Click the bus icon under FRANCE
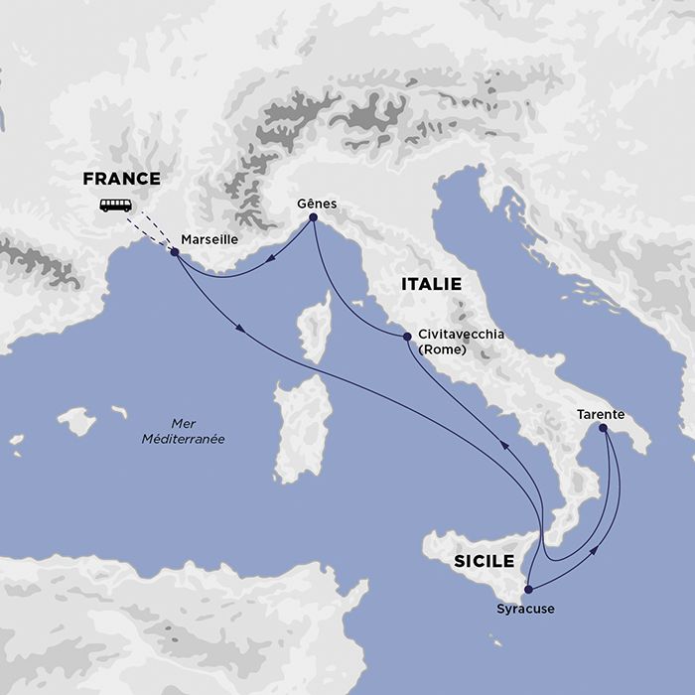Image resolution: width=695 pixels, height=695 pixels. tap(115, 206)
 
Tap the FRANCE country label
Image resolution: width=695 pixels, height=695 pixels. tap(121, 180)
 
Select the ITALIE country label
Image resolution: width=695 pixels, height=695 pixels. tap(432, 284)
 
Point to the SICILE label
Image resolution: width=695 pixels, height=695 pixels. tap(484, 562)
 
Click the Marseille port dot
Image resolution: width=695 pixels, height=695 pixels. tap(175, 252)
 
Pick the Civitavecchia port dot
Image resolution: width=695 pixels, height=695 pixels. tap(407, 338)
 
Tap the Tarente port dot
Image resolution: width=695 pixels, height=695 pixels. tap(602, 428)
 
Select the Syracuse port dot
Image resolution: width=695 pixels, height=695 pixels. tap(528, 589)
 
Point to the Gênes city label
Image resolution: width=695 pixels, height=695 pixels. tap(317, 204)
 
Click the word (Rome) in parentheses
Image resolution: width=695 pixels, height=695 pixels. tap(443, 349)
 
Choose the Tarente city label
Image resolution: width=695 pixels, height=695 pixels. tap(600, 413)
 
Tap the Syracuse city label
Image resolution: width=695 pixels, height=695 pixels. tap(525, 609)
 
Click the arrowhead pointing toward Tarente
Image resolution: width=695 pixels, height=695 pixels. tap(595, 547)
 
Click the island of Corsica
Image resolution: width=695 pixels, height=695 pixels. tap(316, 328)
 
